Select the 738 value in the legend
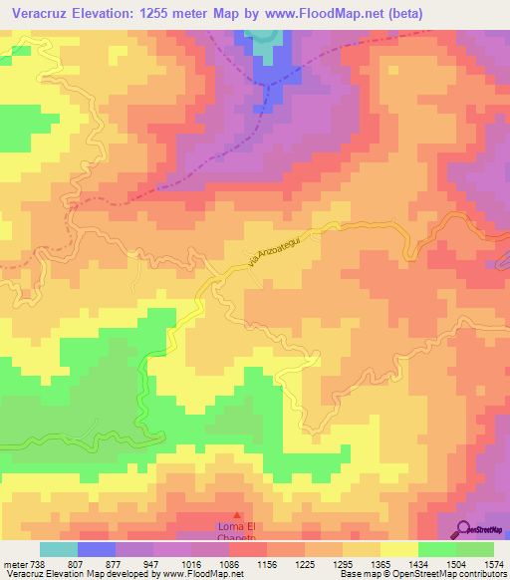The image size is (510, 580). [39, 563]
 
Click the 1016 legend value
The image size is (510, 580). [190, 563]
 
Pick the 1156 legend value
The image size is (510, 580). [268, 563]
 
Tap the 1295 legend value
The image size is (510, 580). [344, 563]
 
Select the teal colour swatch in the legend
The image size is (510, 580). [59, 549]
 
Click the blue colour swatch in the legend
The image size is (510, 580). [97, 549]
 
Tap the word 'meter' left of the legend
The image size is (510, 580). [14, 563]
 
